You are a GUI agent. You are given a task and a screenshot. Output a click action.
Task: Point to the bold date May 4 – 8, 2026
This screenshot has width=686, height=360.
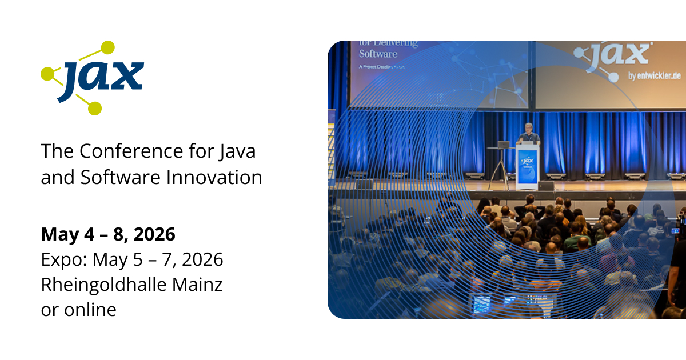[x=108, y=234]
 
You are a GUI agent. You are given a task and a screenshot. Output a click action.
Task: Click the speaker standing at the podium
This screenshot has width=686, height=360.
[x=528, y=135]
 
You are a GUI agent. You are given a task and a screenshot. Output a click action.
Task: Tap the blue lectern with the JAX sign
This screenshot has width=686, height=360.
[x=527, y=167]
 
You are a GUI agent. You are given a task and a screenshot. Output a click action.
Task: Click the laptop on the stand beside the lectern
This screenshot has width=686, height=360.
[x=504, y=144]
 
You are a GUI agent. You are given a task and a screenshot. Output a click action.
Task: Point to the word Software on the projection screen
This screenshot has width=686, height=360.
[x=378, y=54]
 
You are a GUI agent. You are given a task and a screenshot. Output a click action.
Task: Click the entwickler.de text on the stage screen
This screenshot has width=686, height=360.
[x=655, y=77]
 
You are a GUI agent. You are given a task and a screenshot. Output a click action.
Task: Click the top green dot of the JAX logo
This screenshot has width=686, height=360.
[x=107, y=47]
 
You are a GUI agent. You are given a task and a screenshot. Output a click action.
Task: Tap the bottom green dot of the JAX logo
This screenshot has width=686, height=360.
[x=95, y=108]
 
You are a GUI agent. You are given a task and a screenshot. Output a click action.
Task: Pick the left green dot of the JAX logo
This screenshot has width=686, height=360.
[x=47, y=73]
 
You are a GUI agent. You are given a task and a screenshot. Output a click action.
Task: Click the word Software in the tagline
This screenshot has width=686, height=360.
[x=118, y=177]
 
